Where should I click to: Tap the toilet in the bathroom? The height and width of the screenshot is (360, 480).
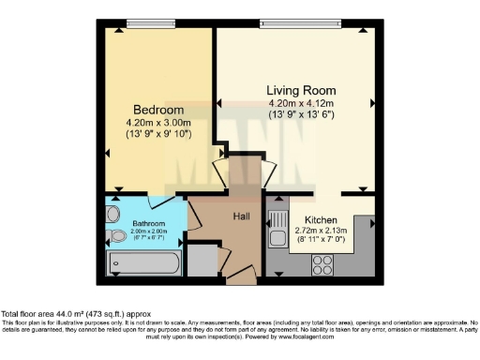(114, 234)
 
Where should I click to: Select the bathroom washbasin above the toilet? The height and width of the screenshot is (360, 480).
(112, 214)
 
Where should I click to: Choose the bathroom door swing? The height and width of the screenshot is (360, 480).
(167, 200)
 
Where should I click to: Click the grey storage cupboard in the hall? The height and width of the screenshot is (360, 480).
(201, 259)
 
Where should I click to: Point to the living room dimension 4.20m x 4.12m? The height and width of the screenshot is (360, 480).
(300, 103)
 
